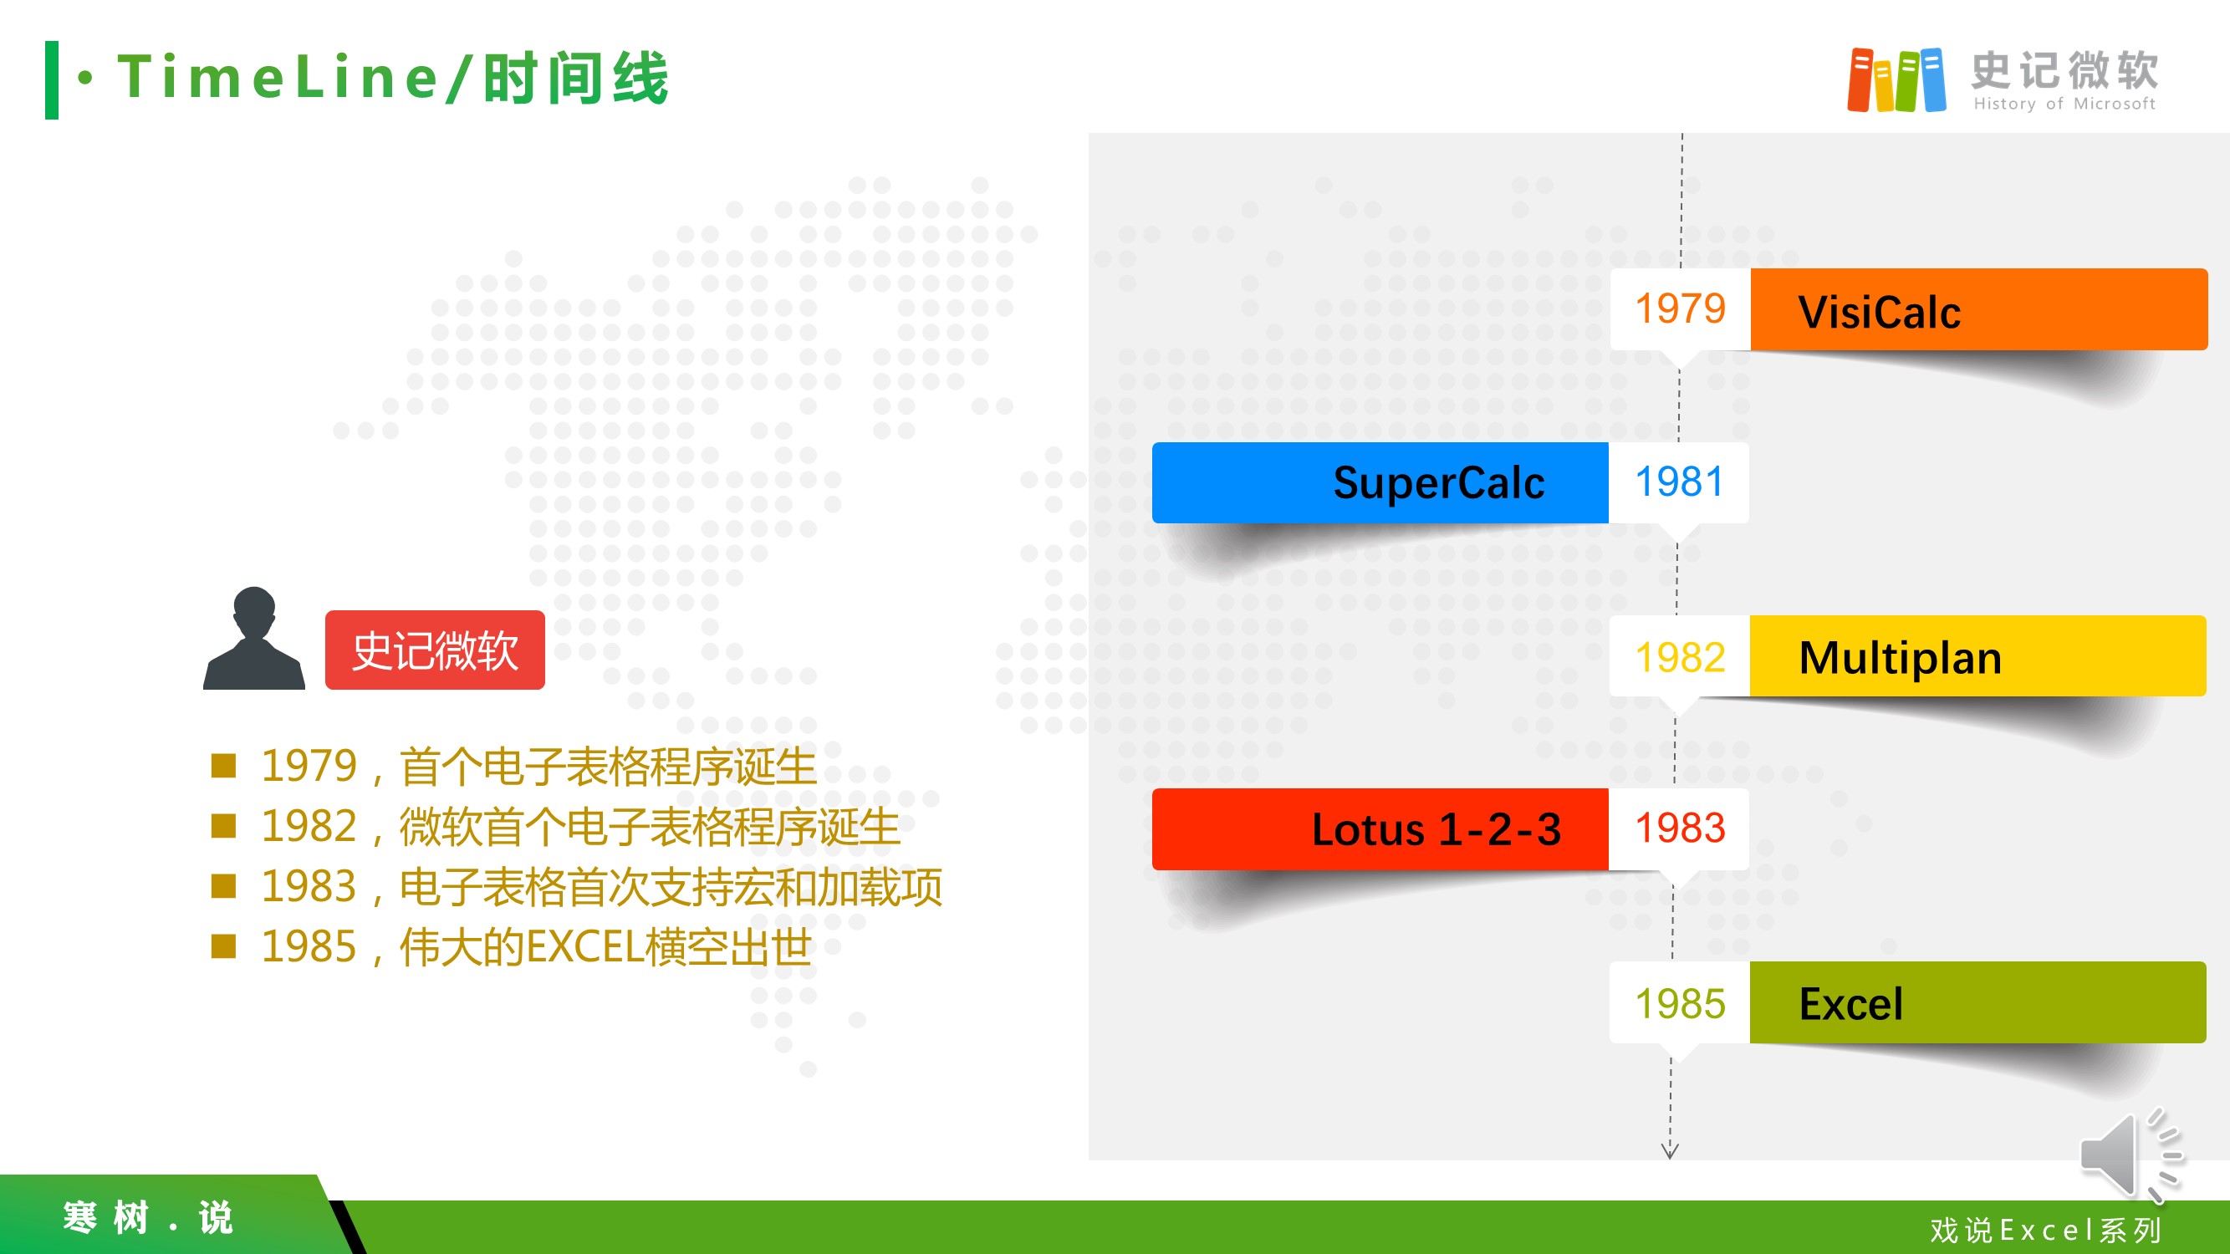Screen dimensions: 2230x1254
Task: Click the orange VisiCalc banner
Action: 1978,309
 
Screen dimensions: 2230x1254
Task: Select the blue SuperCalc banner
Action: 1380,482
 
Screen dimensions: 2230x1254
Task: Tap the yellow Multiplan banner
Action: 1977,656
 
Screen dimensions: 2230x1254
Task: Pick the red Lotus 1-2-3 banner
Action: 1380,829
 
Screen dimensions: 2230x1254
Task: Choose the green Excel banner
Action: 1977,1002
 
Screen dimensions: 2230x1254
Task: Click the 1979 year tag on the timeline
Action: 1681,309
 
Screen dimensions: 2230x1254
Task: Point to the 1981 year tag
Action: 1678,482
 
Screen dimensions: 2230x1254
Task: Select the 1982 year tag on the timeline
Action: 1680,656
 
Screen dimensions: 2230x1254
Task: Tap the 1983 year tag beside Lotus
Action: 1678,829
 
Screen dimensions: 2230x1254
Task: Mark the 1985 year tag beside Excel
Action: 1680,1002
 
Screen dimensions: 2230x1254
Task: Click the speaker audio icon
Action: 2132,1155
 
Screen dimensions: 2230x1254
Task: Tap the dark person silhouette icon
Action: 254,638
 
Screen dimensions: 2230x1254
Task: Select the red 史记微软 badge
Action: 435,650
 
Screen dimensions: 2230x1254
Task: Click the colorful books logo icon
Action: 1896,80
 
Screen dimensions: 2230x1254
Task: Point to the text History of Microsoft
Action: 2064,104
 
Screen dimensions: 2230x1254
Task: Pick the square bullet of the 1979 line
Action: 223,766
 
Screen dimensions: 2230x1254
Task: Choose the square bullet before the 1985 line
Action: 223,946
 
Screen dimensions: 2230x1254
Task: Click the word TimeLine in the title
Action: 278,76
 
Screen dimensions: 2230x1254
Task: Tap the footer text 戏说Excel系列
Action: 2045,1230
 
